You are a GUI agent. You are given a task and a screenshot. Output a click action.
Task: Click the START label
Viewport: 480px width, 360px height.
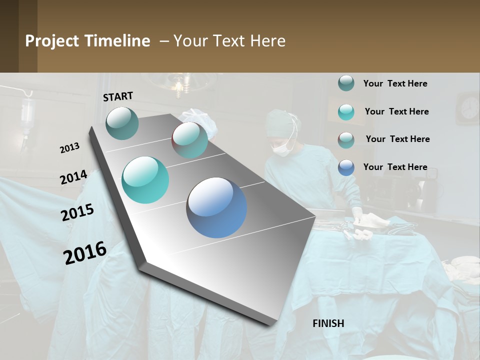[118, 96]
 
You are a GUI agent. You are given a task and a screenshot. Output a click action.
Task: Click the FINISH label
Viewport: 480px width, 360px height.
[328, 323]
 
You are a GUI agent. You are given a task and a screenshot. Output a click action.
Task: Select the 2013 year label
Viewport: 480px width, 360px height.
[69, 147]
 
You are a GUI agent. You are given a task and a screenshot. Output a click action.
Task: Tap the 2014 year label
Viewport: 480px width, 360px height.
[73, 177]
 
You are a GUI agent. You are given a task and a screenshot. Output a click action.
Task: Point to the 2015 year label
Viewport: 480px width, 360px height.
[77, 212]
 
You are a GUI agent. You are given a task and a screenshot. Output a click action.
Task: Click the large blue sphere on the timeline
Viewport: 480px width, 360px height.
[216, 207]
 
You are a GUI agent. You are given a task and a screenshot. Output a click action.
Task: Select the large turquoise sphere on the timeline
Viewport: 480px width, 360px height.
[145, 180]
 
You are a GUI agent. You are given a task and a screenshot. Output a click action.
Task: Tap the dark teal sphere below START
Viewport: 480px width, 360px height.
[122, 123]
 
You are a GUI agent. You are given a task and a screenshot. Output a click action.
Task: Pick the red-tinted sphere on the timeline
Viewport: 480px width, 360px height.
[190, 140]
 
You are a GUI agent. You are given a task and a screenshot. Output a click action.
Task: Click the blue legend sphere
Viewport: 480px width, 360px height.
[346, 167]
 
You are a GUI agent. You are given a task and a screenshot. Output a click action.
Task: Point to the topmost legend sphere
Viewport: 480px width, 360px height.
[346, 83]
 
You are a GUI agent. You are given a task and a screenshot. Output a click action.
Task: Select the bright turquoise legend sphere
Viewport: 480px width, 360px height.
[346, 112]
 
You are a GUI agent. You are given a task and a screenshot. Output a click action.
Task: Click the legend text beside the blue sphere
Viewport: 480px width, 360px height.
[395, 167]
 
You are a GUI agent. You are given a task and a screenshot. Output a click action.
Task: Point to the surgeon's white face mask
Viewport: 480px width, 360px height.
[282, 148]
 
